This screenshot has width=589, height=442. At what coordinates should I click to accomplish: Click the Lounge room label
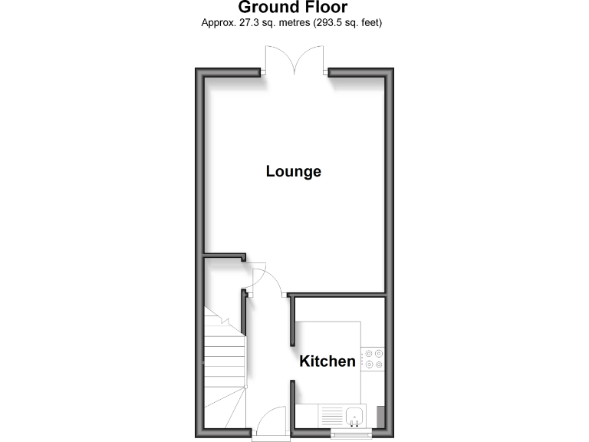[x=293, y=171]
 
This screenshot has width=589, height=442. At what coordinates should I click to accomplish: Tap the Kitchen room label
[x=327, y=361]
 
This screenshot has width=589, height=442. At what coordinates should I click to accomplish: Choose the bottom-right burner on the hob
[x=380, y=364]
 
